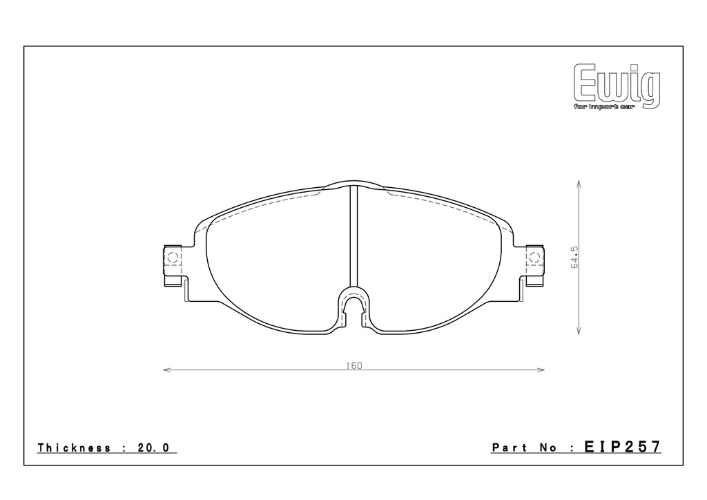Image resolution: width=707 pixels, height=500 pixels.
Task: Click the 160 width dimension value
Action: tap(354, 365)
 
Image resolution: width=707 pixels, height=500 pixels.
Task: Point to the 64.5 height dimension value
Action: tap(575, 258)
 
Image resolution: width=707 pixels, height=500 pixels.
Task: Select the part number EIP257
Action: tap(623, 447)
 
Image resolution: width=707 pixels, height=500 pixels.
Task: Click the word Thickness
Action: tap(75, 448)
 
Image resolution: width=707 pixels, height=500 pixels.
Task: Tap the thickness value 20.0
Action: tap(153, 448)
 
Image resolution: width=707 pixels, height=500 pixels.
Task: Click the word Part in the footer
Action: tap(510, 448)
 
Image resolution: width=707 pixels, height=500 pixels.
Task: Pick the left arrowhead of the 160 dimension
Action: tap(166, 370)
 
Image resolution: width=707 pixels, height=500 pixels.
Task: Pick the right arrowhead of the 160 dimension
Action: tap(541, 370)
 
